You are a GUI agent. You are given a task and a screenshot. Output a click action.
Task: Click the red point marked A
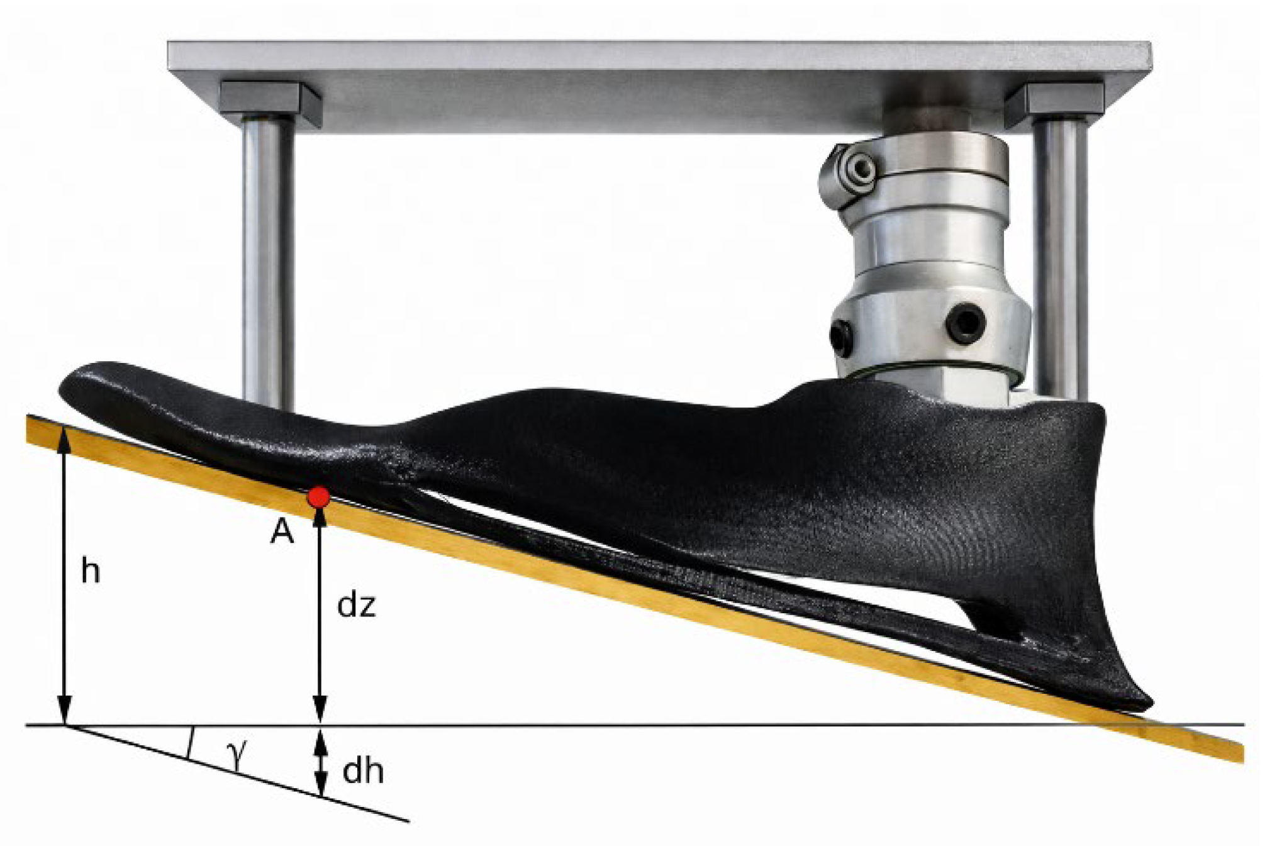tap(319, 497)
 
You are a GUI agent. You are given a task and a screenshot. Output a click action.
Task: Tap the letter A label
tap(282, 532)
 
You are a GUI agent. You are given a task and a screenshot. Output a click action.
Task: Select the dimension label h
tap(91, 572)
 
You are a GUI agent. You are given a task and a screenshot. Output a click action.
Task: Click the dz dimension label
tap(357, 605)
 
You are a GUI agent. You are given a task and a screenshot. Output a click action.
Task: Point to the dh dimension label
tap(363, 771)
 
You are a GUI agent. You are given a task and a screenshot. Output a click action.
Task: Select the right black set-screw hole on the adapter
tap(964, 323)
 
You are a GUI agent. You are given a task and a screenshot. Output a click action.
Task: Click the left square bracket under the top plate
tap(270, 103)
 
